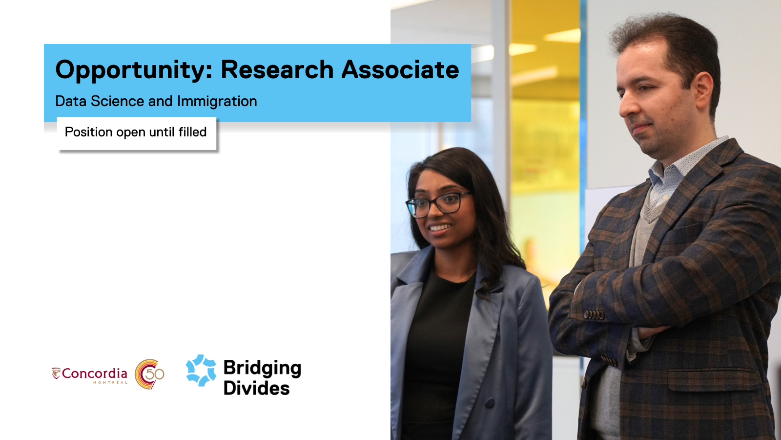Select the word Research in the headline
[277, 69]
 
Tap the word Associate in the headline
[400, 69]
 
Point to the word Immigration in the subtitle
[217, 101]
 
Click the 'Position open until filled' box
[136, 133]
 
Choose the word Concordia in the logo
[95, 374]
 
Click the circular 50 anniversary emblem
[149, 374]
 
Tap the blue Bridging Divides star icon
[201, 371]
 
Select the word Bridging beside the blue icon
[262, 369]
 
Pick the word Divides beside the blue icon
[257, 388]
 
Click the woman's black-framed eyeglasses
[438, 204]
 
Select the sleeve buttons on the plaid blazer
[594, 315]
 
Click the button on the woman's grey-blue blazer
[490, 403]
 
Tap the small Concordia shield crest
[56, 373]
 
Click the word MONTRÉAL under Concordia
[110, 383]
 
